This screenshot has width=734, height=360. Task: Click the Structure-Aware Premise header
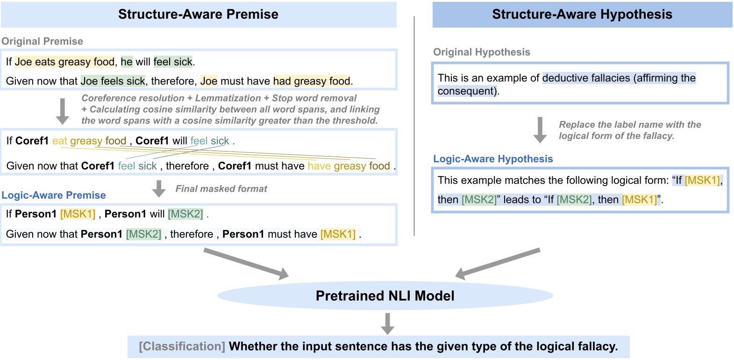click(x=198, y=14)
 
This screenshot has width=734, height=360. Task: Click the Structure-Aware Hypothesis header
click(x=582, y=14)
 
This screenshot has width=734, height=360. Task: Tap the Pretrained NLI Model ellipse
click(x=385, y=295)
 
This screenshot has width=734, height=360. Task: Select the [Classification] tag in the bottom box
click(x=182, y=346)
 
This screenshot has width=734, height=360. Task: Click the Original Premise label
click(x=42, y=41)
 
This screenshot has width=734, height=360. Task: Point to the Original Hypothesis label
click(x=481, y=52)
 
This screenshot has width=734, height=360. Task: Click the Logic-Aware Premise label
click(x=54, y=195)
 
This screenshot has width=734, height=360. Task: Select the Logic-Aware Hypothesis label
click(x=493, y=159)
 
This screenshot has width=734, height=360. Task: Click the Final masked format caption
click(x=221, y=189)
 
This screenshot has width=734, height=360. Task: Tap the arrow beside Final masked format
click(x=159, y=188)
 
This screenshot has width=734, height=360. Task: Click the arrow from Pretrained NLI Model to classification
click(x=387, y=324)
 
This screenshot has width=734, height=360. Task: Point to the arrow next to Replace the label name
click(x=540, y=130)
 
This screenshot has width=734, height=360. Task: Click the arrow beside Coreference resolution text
click(x=62, y=111)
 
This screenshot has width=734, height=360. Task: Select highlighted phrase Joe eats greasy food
click(x=64, y=62)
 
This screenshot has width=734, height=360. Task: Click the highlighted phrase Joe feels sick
click(x=113, y=81)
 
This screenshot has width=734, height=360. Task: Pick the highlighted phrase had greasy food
click(x=312, y=81)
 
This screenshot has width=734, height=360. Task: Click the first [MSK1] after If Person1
click(x=78, y=214)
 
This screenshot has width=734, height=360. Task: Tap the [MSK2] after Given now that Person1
click(x=143, y=234)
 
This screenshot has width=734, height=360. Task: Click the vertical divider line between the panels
click(x=414, y=126)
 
